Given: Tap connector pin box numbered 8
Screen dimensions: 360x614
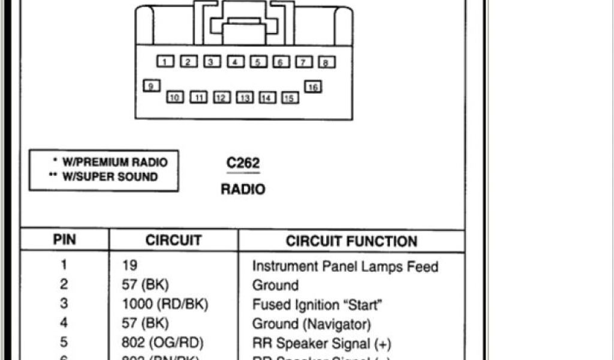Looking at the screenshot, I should [326, 62].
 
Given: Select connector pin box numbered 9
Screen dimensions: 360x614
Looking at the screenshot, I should [151, 86].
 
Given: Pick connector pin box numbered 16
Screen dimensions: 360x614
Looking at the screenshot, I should [312, 87].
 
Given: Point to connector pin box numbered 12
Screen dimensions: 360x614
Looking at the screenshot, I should [221, 97].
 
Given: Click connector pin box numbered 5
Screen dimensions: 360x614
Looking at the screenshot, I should [258, 61].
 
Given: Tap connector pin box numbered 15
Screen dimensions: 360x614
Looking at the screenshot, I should [290, 98].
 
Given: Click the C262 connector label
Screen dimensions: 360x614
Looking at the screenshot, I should [243, 164].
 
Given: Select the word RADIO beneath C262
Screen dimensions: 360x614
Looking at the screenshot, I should [243, 189].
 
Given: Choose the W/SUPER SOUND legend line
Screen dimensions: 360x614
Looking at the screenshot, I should [106, 177].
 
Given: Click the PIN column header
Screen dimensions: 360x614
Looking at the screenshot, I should [65, 240].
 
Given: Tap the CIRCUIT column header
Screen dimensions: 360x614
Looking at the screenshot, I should [173, 241].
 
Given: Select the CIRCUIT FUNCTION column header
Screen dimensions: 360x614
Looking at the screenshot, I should [351, 241].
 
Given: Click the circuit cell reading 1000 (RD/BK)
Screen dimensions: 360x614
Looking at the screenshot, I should [164, 304].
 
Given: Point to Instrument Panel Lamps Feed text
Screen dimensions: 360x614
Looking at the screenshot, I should [345, 266].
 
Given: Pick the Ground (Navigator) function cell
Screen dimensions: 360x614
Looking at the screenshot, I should [311, 324].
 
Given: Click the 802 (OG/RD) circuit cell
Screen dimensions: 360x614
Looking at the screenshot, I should [162, 343].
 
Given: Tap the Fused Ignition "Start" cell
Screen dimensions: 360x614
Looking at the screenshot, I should [317, 304].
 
